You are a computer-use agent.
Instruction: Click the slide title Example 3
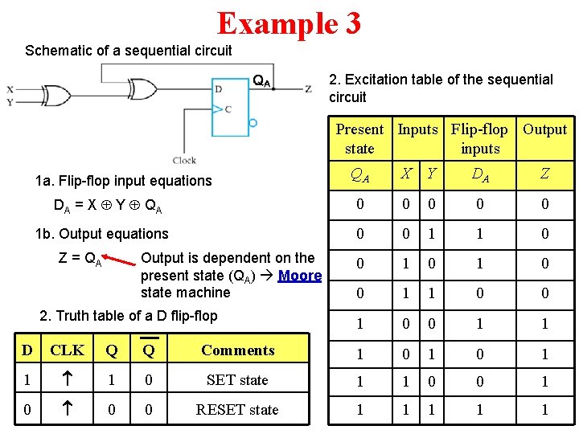pos(289,23)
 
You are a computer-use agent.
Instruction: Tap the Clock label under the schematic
pos(184,161)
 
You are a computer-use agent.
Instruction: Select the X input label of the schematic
pos(10,88)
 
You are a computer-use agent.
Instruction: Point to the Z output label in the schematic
pos(308,88)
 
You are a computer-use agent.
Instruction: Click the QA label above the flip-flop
pos(261,80)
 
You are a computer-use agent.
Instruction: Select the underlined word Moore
pos(300,276)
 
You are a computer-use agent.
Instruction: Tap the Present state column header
pos(359,138)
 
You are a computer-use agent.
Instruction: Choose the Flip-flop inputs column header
pos(480,138)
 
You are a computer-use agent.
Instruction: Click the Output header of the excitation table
pos(544,129)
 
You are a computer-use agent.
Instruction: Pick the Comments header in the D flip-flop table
pos(237,350)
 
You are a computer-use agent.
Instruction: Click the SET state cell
pos(237,379)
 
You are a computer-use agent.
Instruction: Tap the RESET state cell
pos(237,409)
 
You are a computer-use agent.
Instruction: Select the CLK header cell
pos(67,350)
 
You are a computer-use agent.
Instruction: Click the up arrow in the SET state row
pos(67,379)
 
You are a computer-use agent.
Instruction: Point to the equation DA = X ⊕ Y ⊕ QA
pos(108,206)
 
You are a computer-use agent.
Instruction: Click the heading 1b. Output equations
pos(102,234)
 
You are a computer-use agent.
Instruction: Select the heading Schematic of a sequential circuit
pos(129,51)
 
